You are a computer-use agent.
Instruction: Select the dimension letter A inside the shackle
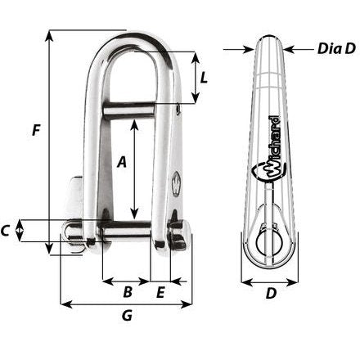(x=122, y=163)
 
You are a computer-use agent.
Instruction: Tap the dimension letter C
(x=7, y=231)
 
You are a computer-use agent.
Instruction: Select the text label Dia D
(x=336, y=49)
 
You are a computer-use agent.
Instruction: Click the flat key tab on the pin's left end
(x=72, y=204)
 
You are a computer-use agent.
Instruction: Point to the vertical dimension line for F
(x=50, y=139)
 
